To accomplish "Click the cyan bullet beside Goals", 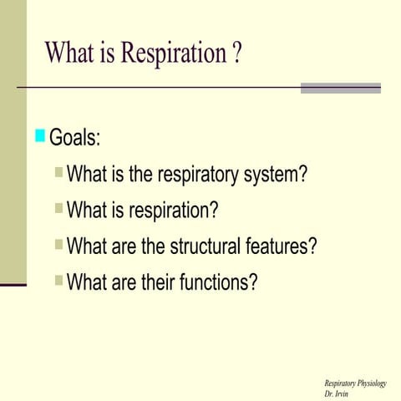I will point(40,135).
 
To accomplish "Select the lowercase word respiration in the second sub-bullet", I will point(173,210).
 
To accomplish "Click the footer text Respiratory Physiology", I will point(355,383).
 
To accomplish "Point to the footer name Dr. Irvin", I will point(337,393).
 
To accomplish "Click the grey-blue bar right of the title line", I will point(340,88).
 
